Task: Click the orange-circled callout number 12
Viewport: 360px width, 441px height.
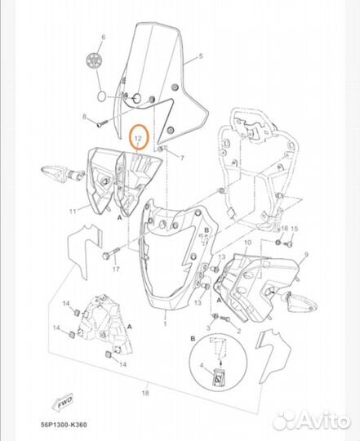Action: [x=138, y=138]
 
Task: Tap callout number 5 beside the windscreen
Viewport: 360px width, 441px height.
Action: [x=201, y=56]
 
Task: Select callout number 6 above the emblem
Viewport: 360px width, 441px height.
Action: [x=104, y=37]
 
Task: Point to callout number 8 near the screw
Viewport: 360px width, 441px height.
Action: [x=84, y=117]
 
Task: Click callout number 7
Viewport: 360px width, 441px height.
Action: [x=182, y=158]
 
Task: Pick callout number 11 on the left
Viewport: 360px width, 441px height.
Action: [x=73, y=211]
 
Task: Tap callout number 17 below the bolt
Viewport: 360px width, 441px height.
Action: [x=116, y=269]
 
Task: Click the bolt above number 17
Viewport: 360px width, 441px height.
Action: [x=111, y=253]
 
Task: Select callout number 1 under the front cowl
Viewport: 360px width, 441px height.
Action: [x=165, y=323]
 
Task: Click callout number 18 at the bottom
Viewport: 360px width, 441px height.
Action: [x=145, y=393]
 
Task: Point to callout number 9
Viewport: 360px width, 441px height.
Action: [x=306, y=255]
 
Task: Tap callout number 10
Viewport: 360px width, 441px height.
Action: [x=248, y=243]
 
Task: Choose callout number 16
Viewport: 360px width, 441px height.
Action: [x=284, y=228]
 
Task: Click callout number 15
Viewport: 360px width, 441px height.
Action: [x=294, y=229]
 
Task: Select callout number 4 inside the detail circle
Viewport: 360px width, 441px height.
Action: [x=201, y=365]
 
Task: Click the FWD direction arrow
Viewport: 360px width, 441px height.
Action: [x=62, y=401]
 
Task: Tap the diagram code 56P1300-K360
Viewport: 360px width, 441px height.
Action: [x=64, y=425]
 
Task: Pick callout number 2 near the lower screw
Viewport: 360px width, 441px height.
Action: [x=239, y=331]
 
